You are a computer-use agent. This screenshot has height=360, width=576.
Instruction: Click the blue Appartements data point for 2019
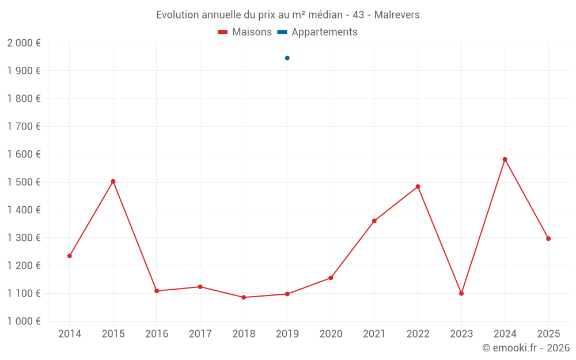click(x=287, y=58)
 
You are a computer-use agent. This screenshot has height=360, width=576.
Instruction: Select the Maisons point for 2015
click(x=113, y=181)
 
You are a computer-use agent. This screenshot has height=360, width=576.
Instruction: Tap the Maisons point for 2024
click(x=505, y=160)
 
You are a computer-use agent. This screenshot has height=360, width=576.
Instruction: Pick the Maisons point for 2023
click(x=461, y=294)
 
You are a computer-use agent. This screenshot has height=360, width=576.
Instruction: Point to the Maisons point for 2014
click(x=70, y=256)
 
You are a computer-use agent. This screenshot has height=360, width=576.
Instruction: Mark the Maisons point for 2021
click(x=374, y=221)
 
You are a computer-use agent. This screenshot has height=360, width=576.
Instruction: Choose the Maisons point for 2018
click(x=244, y=297)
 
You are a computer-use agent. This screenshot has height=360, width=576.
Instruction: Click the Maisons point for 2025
click(x=548, y=238)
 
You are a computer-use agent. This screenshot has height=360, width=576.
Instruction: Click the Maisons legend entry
click(x=245, y=32)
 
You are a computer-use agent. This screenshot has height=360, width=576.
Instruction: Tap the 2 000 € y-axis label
click(x=24, y=43)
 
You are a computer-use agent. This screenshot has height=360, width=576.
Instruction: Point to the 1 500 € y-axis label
click(x=24, y=182)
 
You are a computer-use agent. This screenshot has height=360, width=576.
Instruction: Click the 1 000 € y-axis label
click(x=24, y=321)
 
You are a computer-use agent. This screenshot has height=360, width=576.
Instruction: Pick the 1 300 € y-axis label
click(x=24, y=238)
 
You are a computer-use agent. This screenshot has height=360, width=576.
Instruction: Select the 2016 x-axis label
click(x=157, y=334)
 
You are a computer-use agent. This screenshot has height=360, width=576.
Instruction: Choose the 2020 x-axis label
click(x=331, y=334)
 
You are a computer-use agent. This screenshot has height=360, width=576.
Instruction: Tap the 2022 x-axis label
click(x=418, y=334)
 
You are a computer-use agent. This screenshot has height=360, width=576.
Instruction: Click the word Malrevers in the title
click(x=397, y=15)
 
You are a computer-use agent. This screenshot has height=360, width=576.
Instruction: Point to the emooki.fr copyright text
click(x=525, y=348)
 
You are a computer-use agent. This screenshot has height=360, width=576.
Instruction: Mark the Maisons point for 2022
click(x=418, y=187)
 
